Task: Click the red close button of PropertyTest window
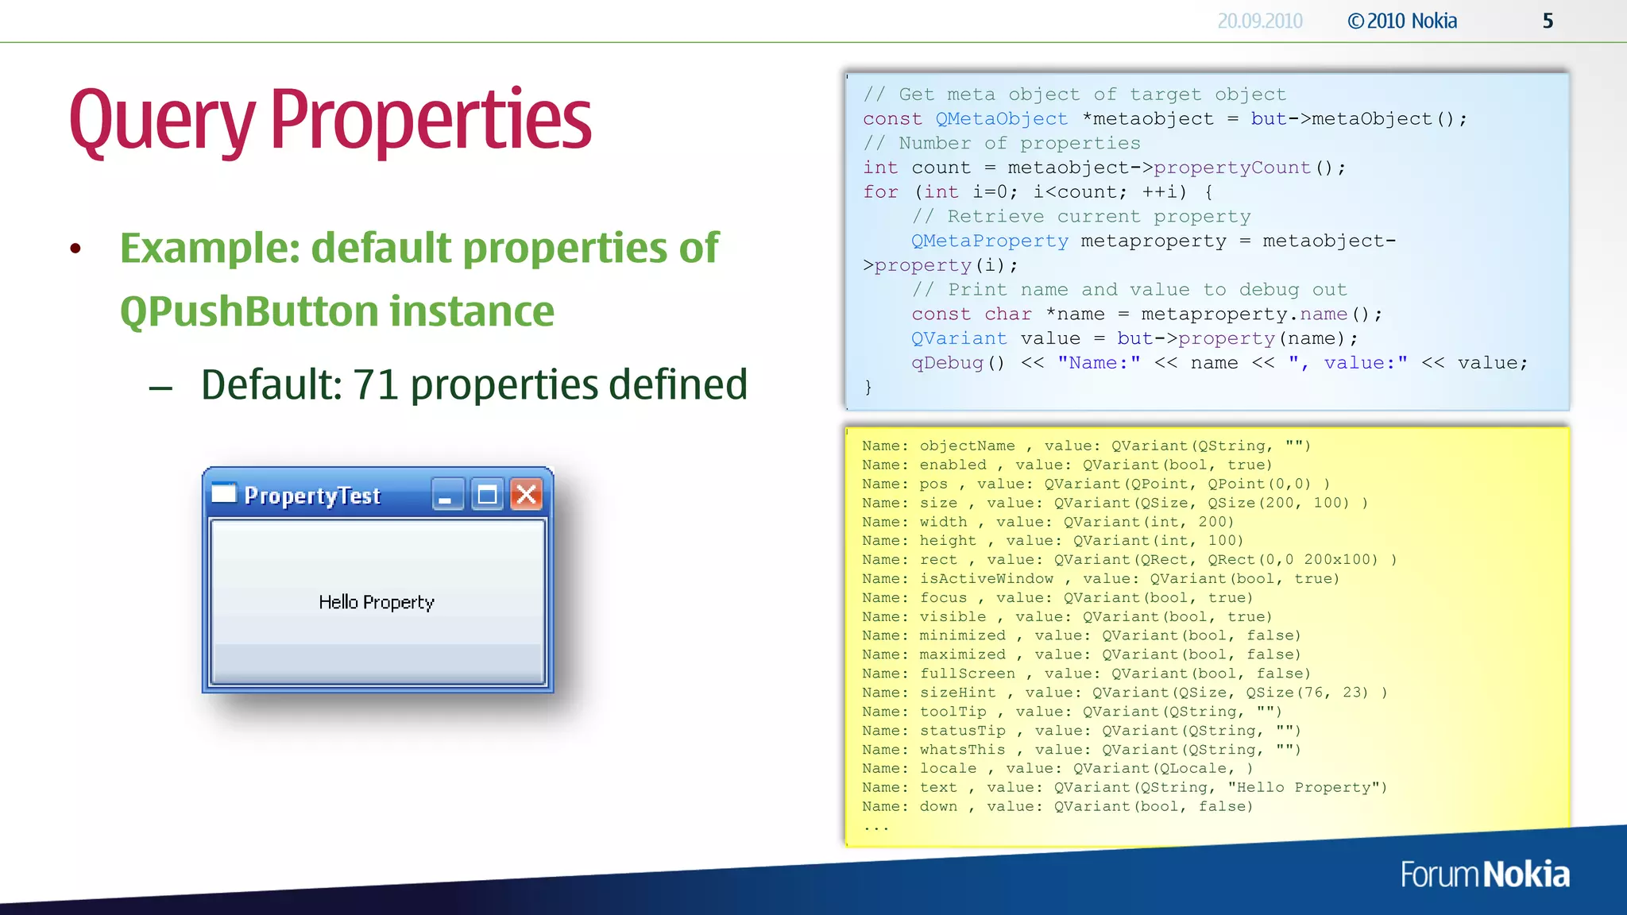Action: click(x=526, y=495)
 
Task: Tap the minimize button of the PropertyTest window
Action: click(x=447, y=495)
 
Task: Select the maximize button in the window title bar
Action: click(x=487, y=495)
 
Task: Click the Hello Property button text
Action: click(x=377, y=602)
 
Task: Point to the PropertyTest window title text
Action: click(x=312, y=496)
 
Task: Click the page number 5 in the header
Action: click(x=1548, y=21)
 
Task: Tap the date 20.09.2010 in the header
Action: click(x=1260, y=21)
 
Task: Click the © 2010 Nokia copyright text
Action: click(x=1402, y=21)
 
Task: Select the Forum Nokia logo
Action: click(x=1485, y=874)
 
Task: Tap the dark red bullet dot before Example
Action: click(x=75, y=249)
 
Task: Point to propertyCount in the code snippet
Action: click(x=1231, y=168)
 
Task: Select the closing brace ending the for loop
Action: click(x=868, y=387)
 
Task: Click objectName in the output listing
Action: click(x=967, y=446)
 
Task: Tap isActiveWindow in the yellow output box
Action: click(x=986, y=578)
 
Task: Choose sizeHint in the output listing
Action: click(x=957, y=693)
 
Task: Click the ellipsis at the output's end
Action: click(x=875, y=828)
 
